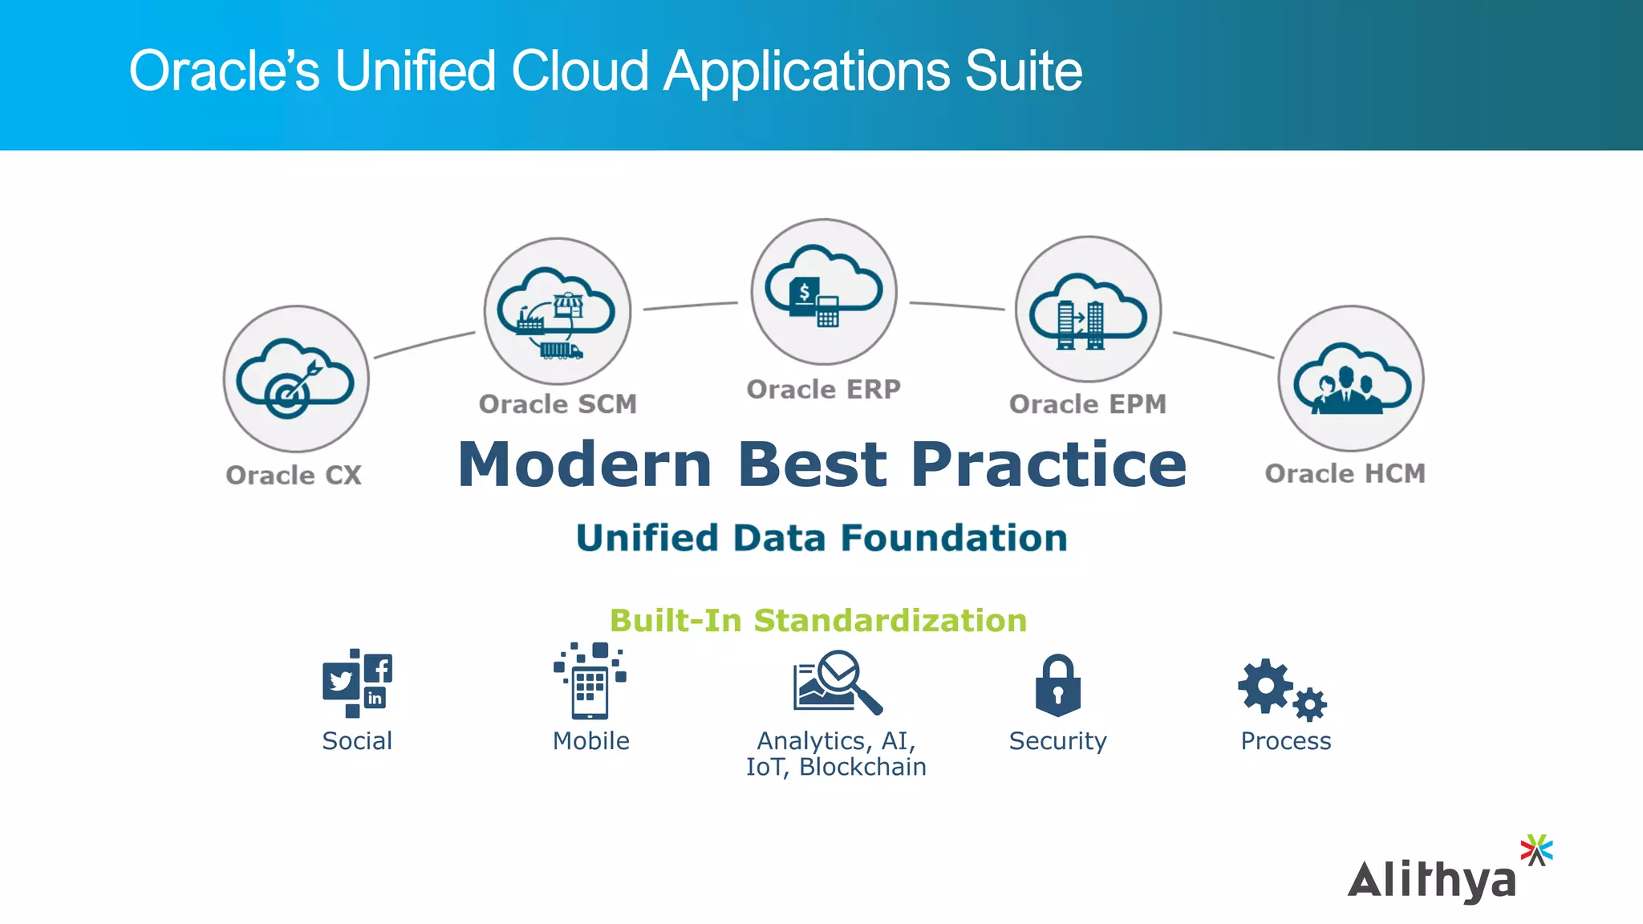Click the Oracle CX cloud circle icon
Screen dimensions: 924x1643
tap(296, 379)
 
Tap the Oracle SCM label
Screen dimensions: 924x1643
tap(558, 404)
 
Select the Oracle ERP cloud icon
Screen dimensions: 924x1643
tap(824, 292)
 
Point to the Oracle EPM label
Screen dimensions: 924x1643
tap(1087, 404)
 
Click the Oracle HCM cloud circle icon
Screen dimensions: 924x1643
tap(1351, 379)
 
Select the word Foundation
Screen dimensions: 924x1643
tap(954, 538)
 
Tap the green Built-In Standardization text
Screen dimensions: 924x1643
tap(817, 621)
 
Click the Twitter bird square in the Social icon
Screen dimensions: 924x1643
tap(341, 681)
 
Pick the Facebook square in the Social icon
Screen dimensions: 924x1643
tap(379, 668)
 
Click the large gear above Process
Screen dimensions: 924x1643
tap(1265, 685)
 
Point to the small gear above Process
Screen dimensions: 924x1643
tap(1309, 704)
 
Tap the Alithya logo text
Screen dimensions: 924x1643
tap(1431, 881)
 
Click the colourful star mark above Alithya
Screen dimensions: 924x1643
tap(1536, 849)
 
